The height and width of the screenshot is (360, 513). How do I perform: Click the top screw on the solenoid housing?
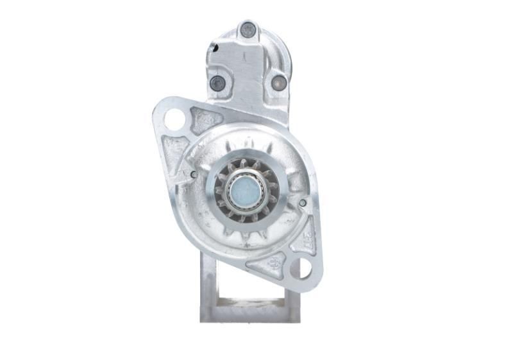click(248, 29)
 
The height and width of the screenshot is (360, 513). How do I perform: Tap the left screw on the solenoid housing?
click(218, 82)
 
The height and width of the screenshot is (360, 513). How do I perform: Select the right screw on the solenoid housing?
click(278, 82)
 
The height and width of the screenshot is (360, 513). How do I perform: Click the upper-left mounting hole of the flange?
click(174, 119)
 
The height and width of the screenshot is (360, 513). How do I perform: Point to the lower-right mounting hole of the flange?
click(300, 268)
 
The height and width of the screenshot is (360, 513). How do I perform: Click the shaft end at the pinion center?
click(247, 190)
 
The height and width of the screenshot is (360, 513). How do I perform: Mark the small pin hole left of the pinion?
click(194, 173)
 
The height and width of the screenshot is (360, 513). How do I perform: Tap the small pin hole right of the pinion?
click(302, 204)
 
